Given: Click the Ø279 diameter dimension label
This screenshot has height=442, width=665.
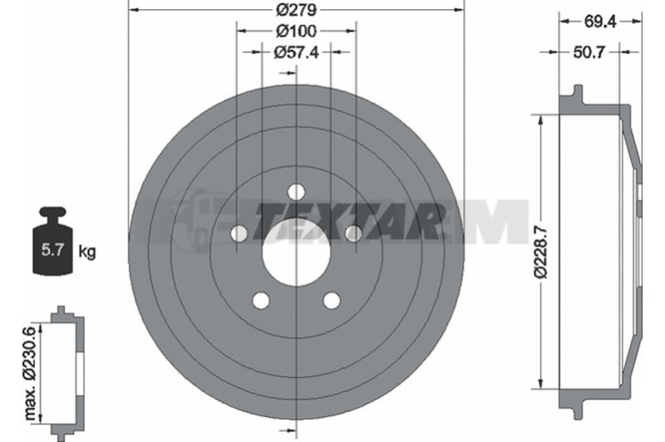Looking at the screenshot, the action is [x=296, y=9].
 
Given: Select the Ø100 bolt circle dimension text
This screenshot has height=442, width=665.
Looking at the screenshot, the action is [x=296, y=31].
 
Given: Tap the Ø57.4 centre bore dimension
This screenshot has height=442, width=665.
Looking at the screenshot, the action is [x=296, y=52].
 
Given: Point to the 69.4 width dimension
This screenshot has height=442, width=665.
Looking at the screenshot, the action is [x=600, y=22].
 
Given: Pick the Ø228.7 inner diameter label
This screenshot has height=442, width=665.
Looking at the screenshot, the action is [x=542, y=253].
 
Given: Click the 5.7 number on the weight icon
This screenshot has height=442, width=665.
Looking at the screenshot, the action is [x=52, y=249].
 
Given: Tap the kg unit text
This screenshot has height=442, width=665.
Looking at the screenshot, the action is [x=87, y=252].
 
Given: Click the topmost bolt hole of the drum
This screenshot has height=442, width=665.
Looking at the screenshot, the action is [x=296, y=192].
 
